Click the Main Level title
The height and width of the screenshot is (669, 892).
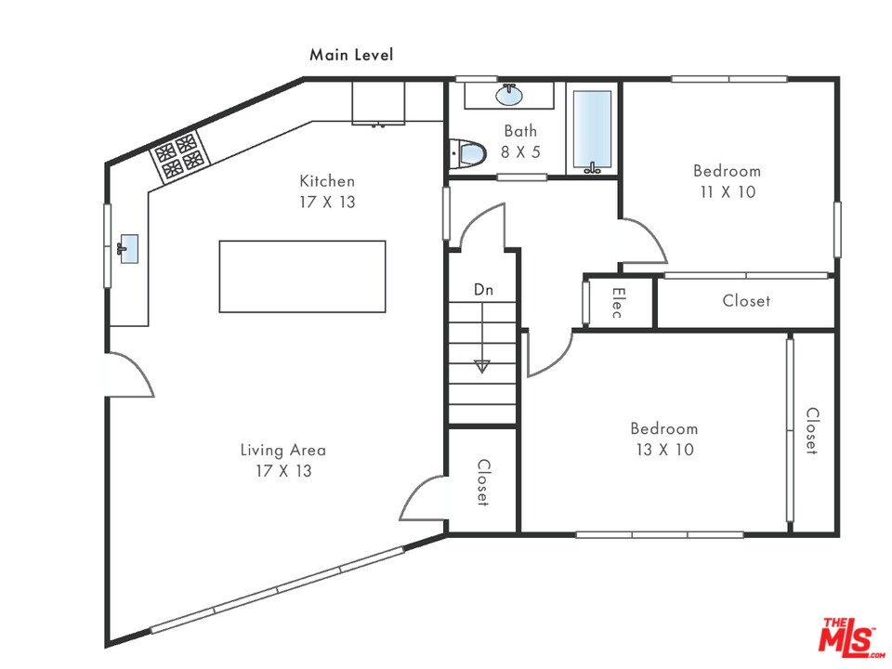[x=351, y=55]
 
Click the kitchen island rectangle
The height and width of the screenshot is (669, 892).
[x=302, y=276]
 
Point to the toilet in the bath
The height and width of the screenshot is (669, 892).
[x=467, y=153]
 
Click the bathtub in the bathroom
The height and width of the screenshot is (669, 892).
[x=592, y=131]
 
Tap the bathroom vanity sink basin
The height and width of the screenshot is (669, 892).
[x=508, y=95]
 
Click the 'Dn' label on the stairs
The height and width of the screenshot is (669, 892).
[x=483, y=290]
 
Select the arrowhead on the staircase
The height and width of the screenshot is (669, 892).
[x=481, y=366]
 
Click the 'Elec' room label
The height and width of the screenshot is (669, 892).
[x=617, y=302]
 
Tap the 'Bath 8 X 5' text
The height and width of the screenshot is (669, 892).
[x=520, y=140]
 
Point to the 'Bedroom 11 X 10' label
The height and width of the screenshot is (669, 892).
[x=727, y=181]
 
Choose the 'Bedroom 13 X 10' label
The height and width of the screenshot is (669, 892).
[x=663, y=439]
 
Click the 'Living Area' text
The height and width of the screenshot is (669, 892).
[x=283, y=451]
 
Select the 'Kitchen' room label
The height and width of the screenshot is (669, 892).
[x=327, y=181]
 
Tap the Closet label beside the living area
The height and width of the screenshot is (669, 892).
[x=483, y=482]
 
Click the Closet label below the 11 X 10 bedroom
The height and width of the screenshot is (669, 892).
[x=746, y=301]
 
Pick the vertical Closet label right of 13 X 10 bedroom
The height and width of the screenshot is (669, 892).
[x=811, y=431]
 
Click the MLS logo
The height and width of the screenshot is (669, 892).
[x=847, y=636]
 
